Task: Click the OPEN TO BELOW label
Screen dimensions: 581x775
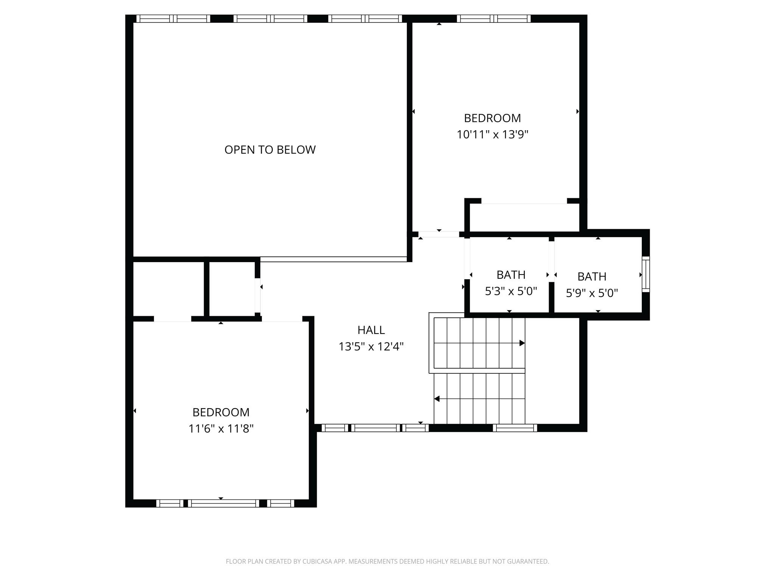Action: coord(270,150)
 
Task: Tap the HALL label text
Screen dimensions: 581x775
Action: coord(371,330)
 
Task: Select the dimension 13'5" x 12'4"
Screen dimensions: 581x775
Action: coord(371,346)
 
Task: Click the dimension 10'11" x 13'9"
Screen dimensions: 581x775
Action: coord(492,135)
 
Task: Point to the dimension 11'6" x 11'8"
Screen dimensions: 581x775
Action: coord(221,429)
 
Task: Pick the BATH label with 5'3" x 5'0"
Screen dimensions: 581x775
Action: coord(511,275)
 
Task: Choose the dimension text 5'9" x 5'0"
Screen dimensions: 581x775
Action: coord(592,293)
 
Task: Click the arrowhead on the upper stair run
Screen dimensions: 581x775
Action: coord(522,343)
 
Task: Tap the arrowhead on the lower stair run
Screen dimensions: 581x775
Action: coord(437,399)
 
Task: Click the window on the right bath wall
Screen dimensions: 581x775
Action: coord(646,274)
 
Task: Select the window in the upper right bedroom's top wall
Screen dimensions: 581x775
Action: coord(493,19)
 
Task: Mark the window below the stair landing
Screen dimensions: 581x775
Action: coord(515,428)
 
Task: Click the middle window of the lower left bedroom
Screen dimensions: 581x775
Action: coord(223,503)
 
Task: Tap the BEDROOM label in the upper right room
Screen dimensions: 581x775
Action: coord(492,118)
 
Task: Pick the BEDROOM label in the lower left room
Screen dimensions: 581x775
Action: coord(221,412)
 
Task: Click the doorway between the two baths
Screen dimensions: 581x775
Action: coord(551,261)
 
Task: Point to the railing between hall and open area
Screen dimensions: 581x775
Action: coord(333,259)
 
